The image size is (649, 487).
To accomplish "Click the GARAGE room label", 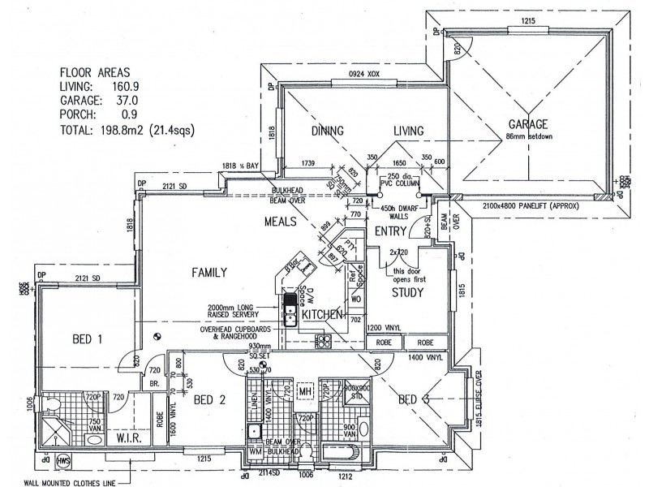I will point(528,124).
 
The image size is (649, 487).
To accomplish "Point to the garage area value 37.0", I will point(136,100).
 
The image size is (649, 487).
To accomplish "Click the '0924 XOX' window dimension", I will point(364,74).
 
